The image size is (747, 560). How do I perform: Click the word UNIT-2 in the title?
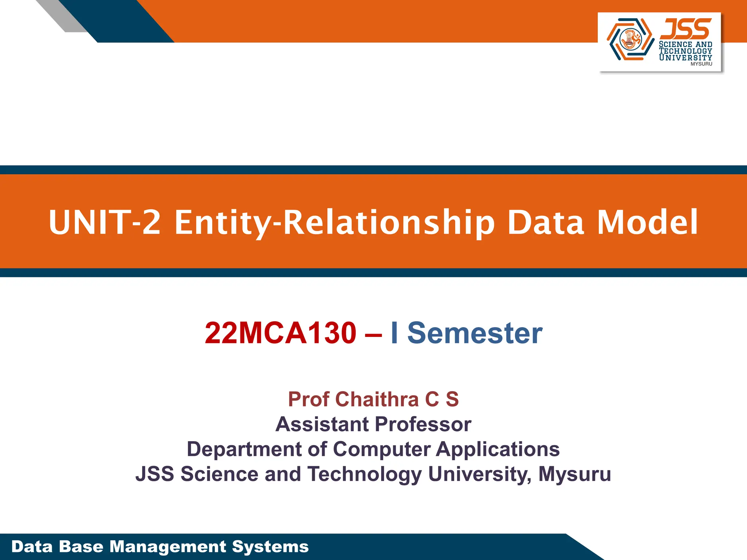pyautogui.click(x=105, y=222)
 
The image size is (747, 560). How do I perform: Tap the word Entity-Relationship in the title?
pyautogui.click(x=334, y=222)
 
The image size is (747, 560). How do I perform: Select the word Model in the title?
pyautogui.click(x=647, y=222)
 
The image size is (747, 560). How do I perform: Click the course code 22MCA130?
pyautogui.click(x=280, y=333)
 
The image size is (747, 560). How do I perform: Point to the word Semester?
pyautogui.click(x=475, y=333)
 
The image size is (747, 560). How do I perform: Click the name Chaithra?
pyautogui.click(x=377, y=399)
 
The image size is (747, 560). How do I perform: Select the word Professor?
pyautogui.click(x=423, y=424)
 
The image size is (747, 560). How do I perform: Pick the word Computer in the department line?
pyautogui.click(x=382, y=449)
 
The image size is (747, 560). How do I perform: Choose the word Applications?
pyautogui.click(x=498, y=449)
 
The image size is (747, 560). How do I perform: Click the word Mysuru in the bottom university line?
pyautogui.click(x=574, y=474)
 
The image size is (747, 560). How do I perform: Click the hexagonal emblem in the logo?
pyautogui.click(x=630, y=39)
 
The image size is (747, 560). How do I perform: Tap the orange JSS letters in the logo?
pyautogui.click(x=685, y=29)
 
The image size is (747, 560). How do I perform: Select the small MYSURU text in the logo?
pyautogui.click(x=701, y=64)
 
